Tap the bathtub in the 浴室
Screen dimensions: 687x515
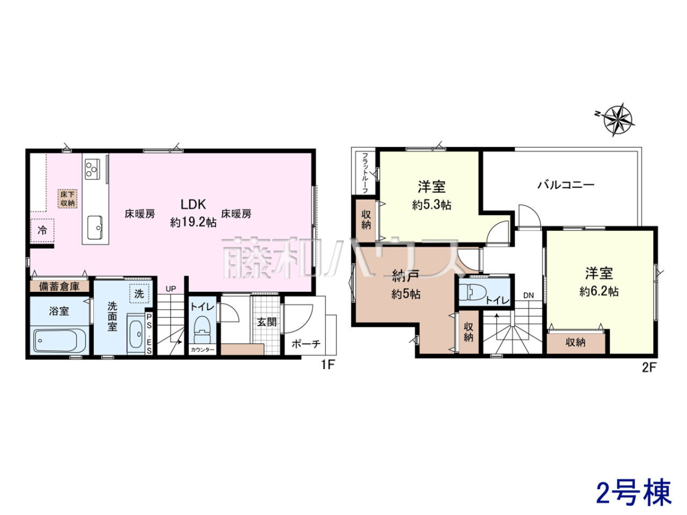[56, 340]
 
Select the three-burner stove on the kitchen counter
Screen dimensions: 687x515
[92, 169]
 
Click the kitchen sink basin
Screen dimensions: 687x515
[95, 227]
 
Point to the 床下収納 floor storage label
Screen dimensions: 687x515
[68, 199]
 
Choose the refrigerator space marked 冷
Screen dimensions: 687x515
[42, 231]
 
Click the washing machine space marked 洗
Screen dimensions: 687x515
[139, 294]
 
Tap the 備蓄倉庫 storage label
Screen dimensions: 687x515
[59, 287]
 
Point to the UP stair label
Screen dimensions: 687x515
[171, 289]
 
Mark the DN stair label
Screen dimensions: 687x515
[528, 295]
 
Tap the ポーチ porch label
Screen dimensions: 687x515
[306, 344]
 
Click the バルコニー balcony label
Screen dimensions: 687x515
[566, 185]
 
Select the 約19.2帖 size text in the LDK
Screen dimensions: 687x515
[193, 223]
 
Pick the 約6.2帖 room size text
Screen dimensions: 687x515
[599, 291]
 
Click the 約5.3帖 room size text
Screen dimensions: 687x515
[432, 205]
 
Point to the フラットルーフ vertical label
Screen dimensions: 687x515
[365, 173]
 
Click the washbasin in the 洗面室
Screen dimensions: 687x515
[136, 335]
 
